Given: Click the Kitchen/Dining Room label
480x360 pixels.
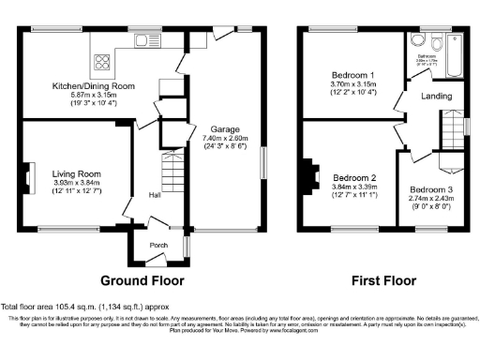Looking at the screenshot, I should pos(93,86).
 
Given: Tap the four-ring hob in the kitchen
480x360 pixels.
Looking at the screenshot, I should pos(100,63).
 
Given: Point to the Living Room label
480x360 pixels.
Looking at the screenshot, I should pos(76,172).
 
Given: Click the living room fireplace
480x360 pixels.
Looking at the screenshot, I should pos(29,175).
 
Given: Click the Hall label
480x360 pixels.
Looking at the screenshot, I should pos(154,195).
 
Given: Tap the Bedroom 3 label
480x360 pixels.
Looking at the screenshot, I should pos(431,188).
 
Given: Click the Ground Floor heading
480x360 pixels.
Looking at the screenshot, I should pos(142,279).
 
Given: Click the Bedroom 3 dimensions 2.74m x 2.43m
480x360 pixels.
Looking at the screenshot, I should pos(431,198).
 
